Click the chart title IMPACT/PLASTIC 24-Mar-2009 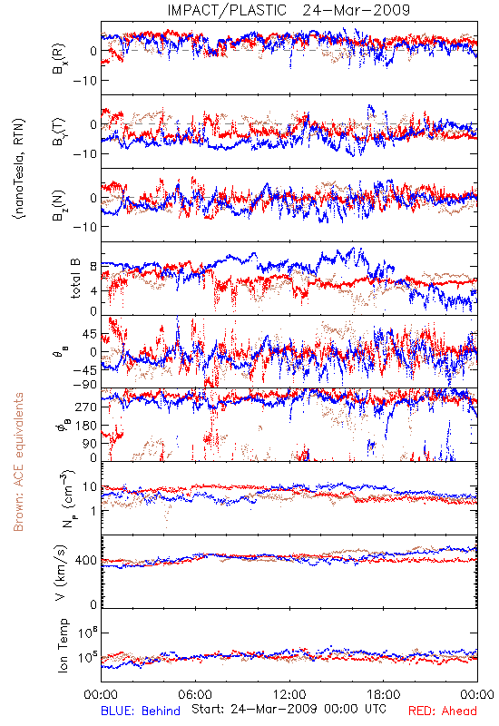pos(289,10)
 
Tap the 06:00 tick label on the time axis pos(195,694)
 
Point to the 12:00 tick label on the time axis pos(289,694)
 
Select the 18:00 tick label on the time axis pos(384,694)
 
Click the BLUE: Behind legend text pos(141,711)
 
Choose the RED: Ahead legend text pos(442,711)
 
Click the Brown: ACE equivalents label pos(17,462)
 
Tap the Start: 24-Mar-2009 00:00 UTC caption pos(289,709)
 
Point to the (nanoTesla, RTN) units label pos(19,169)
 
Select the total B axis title pos(75,279)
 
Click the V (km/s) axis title pos(61,573)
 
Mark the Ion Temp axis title pos(63,645)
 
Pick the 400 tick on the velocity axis pos(86,561)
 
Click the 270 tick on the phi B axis pos(86,407)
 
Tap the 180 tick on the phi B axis pos(86,425)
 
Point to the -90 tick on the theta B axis pos(83,384)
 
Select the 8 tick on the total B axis pos(93,267)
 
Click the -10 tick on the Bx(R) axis pos(84,81)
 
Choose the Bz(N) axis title pos(58,205)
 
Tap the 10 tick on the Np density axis pos(90,486)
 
